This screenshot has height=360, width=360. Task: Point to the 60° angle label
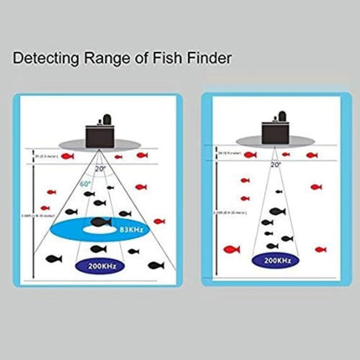[x=85, y=184]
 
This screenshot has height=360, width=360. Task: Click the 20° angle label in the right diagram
[x=276, y=164]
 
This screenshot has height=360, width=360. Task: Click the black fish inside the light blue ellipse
[x=99, y=224]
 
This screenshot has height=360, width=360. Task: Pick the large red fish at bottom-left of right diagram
[x=231, y=251]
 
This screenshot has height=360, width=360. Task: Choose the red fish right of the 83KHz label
[x=159, y=222]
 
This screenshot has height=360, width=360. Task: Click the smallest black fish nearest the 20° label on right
[x=278, y=192]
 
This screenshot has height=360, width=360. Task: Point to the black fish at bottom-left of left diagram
[x=44, y=260]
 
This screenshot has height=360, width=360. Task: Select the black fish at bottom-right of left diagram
[x=155, y=266]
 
